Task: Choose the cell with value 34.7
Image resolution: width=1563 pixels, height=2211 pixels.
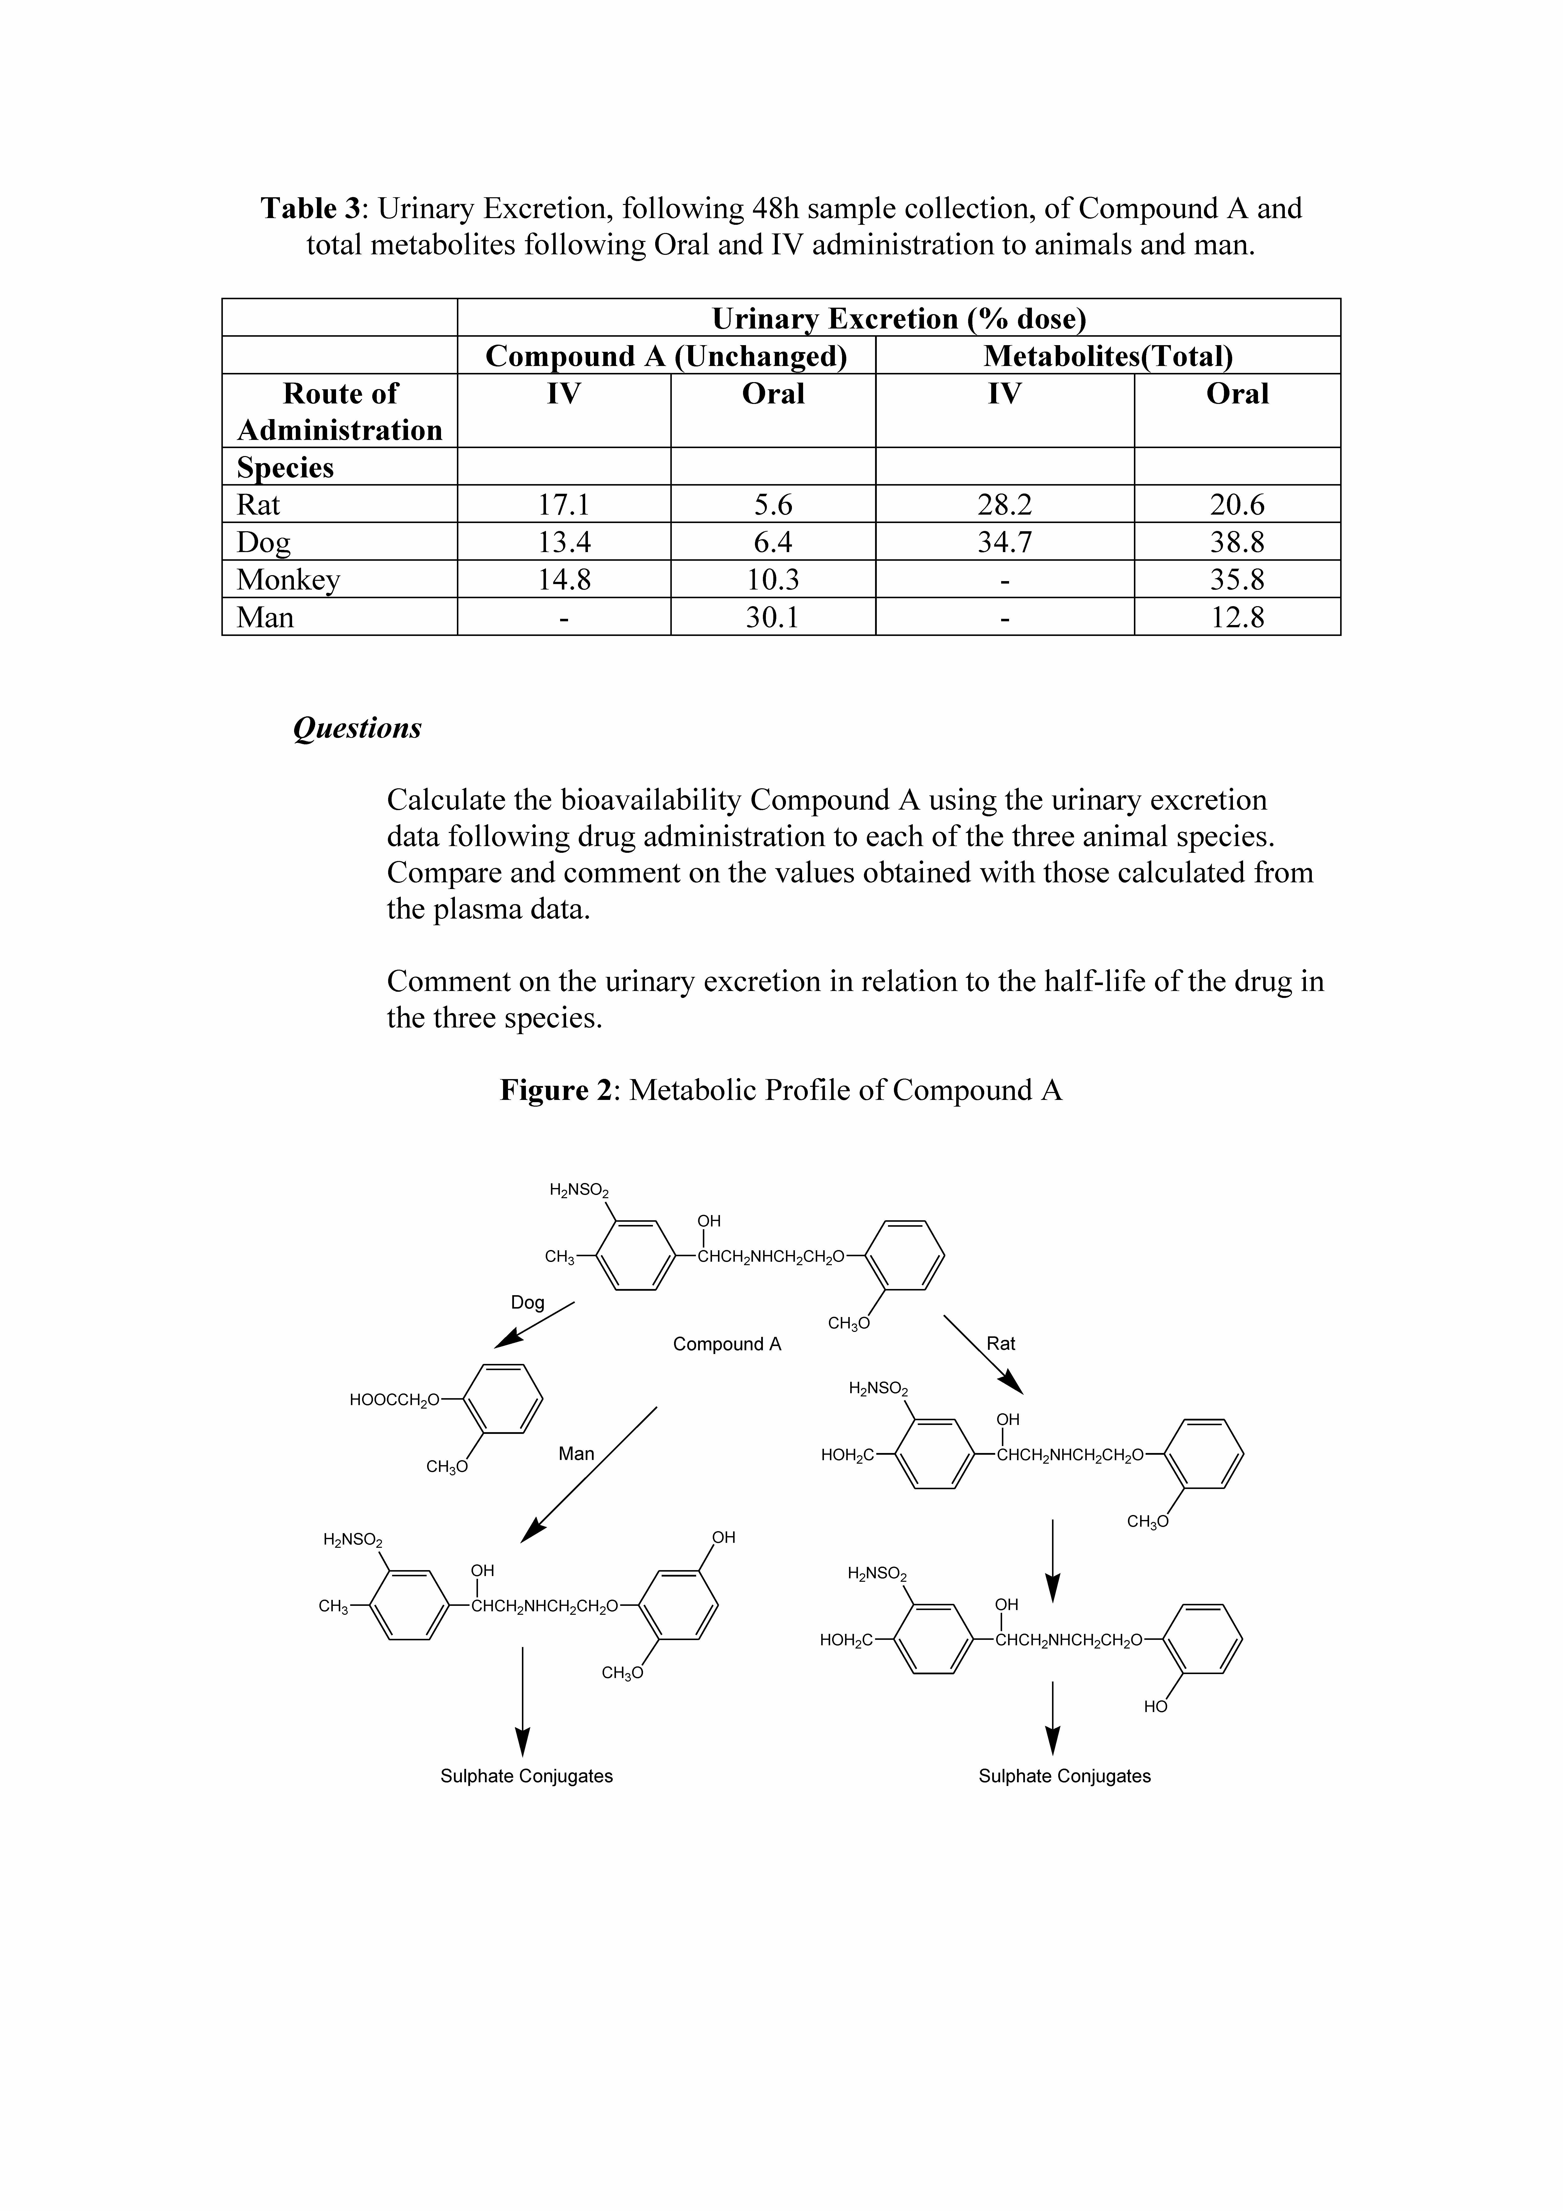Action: (1004, 542)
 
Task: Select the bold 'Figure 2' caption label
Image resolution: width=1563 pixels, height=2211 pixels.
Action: (556, 1090)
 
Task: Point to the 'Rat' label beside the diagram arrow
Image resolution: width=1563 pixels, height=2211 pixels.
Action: (1001, 1343)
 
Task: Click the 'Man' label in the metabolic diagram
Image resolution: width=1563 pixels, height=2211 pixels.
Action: (576, 1453)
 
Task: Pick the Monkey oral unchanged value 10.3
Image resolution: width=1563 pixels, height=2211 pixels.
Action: (772, 580)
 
